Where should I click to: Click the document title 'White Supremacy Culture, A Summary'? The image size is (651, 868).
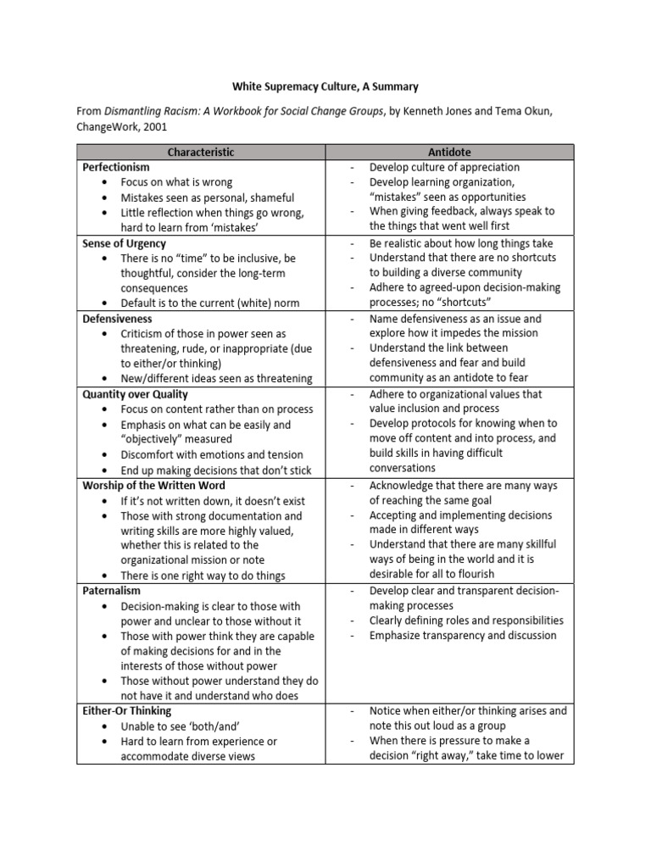[x=325, y=86]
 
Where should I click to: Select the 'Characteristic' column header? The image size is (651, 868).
[x=201, y=152]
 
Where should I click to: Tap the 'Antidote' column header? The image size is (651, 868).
[x=450, y=152]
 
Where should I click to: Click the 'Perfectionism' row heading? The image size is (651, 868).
[x=116, y=167]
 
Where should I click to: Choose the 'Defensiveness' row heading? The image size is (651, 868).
[x=118, y=319]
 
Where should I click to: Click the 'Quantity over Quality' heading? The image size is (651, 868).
[x=136, y=394]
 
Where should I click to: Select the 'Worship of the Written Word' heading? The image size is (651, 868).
[x=153, y=486]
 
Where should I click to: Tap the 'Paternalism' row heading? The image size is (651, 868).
[x=112, y=591]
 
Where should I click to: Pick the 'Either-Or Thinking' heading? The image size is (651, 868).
[x=127, y=711]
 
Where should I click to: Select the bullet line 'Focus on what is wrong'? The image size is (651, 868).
[x=176, y=182]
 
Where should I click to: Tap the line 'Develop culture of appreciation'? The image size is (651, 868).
[x=445, y=167]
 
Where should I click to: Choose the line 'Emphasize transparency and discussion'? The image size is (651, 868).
[x=463, y=636]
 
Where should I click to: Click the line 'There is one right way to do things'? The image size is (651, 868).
[x=203, y=576]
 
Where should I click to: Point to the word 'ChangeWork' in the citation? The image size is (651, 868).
[x=108, y=126]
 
